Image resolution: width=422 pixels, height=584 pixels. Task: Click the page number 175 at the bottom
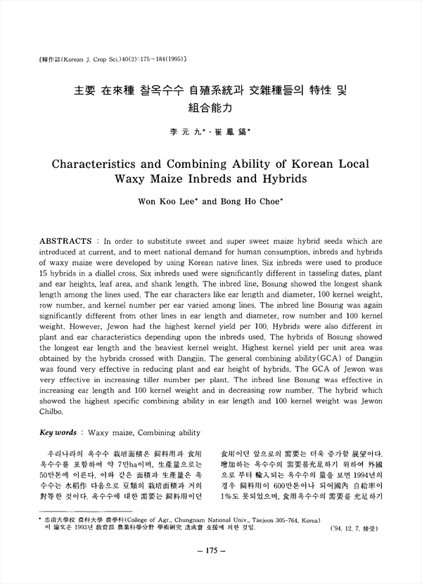[211, 550]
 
